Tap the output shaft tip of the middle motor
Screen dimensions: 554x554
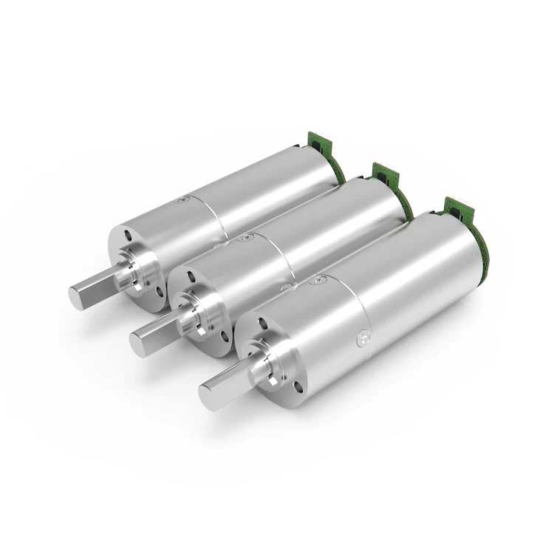click(x=138, y=341)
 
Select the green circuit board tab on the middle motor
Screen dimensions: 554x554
click(x=385, y=172)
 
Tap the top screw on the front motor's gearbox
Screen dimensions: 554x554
click(x=319, y=279)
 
